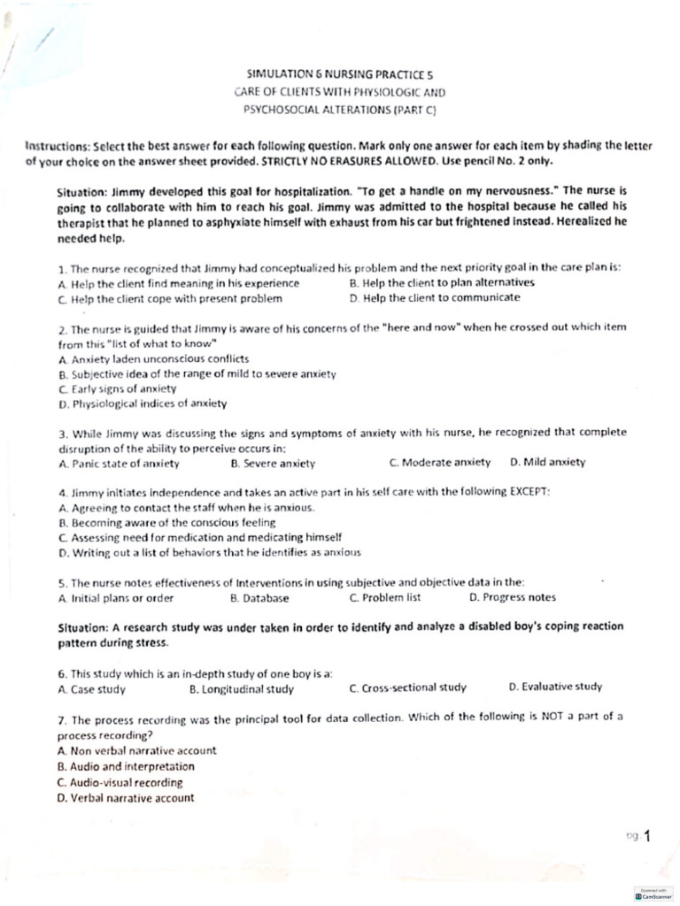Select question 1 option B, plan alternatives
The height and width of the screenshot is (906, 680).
[442, 283]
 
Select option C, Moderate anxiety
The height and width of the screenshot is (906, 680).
[439, 462]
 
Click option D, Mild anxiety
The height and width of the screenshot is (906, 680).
[547, 462]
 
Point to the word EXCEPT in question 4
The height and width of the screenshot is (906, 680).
[529, 492]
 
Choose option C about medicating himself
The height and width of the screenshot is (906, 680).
[200, 537]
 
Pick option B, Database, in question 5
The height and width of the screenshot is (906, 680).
[259, 597]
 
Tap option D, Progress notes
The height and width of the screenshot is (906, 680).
[513, 597]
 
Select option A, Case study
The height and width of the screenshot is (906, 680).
[92, 688]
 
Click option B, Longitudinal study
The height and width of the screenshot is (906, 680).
[242, 688]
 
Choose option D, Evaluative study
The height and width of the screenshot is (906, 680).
[555, 687]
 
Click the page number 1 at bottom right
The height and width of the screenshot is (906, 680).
[647, 834]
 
